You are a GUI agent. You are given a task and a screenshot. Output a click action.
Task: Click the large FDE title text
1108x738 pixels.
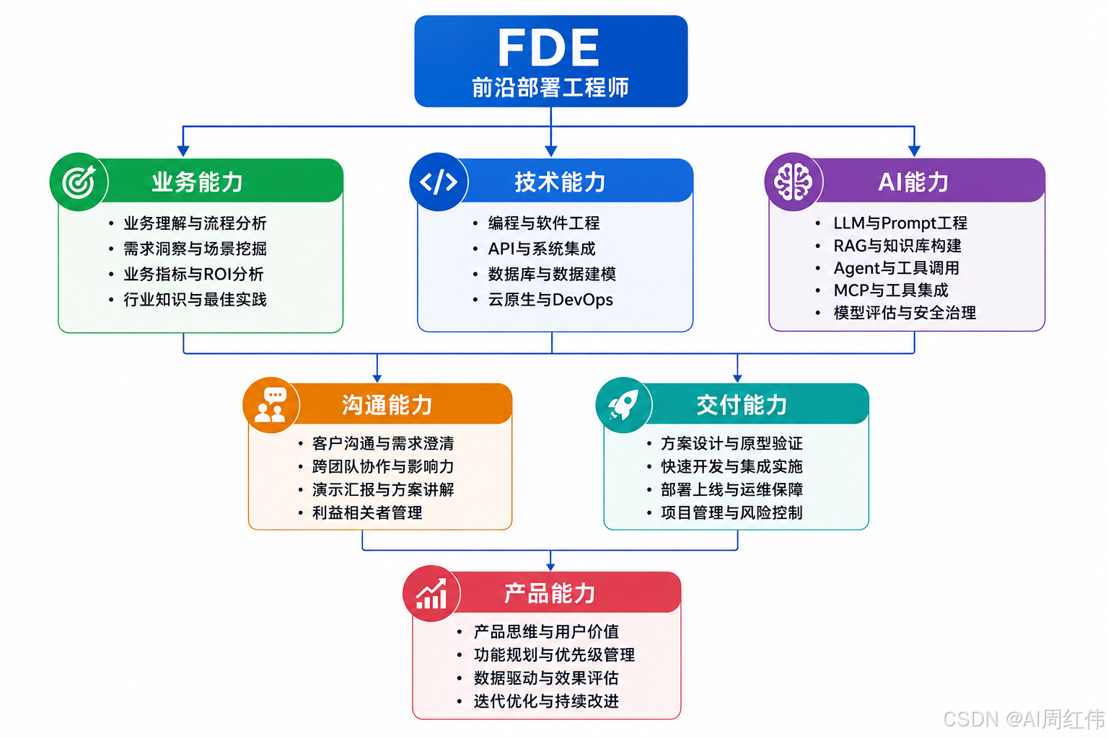(548, 47)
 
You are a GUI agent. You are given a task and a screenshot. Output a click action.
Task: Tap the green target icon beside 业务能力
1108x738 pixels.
(79, 182)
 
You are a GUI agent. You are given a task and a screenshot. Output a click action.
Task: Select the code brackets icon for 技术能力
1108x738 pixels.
(439, 182)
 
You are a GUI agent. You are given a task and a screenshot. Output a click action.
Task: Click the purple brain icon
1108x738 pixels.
(793, 182)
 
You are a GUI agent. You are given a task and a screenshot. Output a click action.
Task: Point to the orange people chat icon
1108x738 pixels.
(271, 405)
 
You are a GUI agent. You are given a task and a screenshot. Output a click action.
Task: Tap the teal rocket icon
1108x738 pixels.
(624, 405)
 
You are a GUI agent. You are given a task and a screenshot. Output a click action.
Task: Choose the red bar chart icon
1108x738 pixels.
(431, 593)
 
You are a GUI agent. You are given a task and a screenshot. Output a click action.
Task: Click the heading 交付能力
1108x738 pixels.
(742, 405)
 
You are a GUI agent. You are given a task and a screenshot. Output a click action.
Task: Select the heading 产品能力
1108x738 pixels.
(549, 593)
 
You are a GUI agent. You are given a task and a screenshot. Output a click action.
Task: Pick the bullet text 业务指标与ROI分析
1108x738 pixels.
(193, 274)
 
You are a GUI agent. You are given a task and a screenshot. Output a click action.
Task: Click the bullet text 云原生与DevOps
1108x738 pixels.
(550, 300)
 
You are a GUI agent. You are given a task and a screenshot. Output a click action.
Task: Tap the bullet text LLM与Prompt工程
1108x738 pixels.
(900, 223)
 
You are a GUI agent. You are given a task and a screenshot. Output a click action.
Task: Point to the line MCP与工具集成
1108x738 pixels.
(891, 290)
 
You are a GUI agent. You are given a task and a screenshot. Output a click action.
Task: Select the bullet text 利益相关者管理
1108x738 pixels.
(367, 512)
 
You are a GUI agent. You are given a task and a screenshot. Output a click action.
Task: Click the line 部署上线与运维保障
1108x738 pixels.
(731, 489)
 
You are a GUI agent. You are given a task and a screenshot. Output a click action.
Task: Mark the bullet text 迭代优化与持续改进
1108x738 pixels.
(546, 701)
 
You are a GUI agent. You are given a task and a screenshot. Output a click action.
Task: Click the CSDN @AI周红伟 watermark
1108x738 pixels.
(1024, 719)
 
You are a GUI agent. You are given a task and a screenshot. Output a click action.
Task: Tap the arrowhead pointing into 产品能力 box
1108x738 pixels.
(550, 566)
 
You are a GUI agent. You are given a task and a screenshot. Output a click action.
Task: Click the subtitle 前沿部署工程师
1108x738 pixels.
(550, 87)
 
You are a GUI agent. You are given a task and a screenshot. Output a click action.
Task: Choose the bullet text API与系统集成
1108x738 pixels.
(542, 249)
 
